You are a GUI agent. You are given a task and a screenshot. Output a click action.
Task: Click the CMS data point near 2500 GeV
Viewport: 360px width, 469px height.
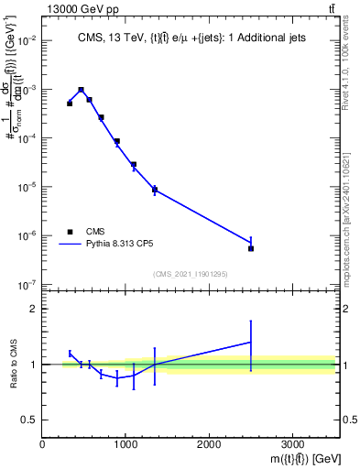(x=251, y=248)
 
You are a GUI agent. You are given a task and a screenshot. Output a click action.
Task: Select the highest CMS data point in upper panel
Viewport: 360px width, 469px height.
(x=82, y=91)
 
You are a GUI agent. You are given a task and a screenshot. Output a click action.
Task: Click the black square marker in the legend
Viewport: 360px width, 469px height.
(x=70, y=232)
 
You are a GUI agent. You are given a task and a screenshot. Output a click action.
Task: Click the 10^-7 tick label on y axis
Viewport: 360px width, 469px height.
(x=27, y=285)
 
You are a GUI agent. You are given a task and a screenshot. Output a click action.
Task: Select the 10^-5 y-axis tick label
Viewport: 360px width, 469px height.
(x=27, y=188)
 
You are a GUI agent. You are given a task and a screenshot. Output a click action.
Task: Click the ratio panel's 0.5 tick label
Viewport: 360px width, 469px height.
(x=30, y=420)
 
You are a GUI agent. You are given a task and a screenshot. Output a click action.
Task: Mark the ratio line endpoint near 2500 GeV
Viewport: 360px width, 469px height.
(x=251, y=342)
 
